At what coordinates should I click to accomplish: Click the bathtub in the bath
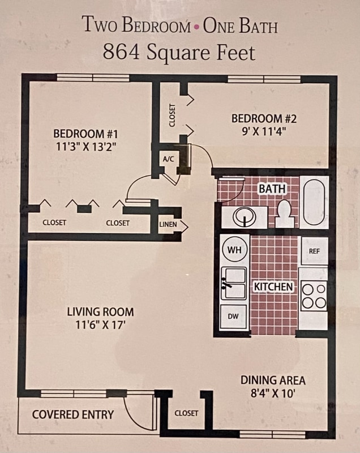[314, 202]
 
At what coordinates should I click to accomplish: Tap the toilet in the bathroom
[285, 214]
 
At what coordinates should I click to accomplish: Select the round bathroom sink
[245, 216]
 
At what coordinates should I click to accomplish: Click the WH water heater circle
[234, 249]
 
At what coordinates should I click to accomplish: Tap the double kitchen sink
[234, 283]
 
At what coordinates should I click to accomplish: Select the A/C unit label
[168, 159]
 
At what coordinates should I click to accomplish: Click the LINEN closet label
[168, 225]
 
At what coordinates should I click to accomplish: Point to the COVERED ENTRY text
[72, 414]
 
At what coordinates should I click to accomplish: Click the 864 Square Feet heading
[179, 52]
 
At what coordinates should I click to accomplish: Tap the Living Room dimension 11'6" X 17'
[100, 325]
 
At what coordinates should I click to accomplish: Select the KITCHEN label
[273, 287]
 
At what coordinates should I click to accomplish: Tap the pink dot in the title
[196, 27]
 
